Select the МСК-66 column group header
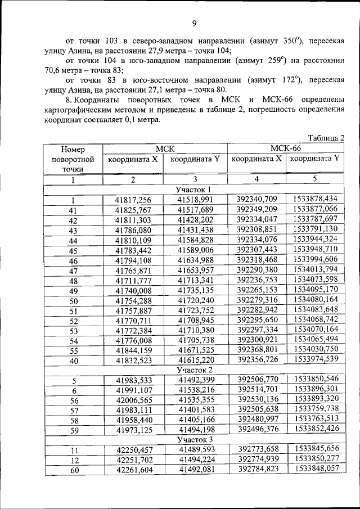pos(285,148)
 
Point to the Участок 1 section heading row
pos(194,190)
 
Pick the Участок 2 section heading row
pos(194,370)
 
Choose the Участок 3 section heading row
pos(194,439)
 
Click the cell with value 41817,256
pos(133,200)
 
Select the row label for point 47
pos(73,271)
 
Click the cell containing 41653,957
pos(196,271)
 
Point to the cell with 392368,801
pos(257,349)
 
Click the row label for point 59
pos(73,430)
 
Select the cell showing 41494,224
pos(196,460)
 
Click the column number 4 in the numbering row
pos(256,179)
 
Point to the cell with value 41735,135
pos(196,291)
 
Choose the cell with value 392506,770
pos(257,380)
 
